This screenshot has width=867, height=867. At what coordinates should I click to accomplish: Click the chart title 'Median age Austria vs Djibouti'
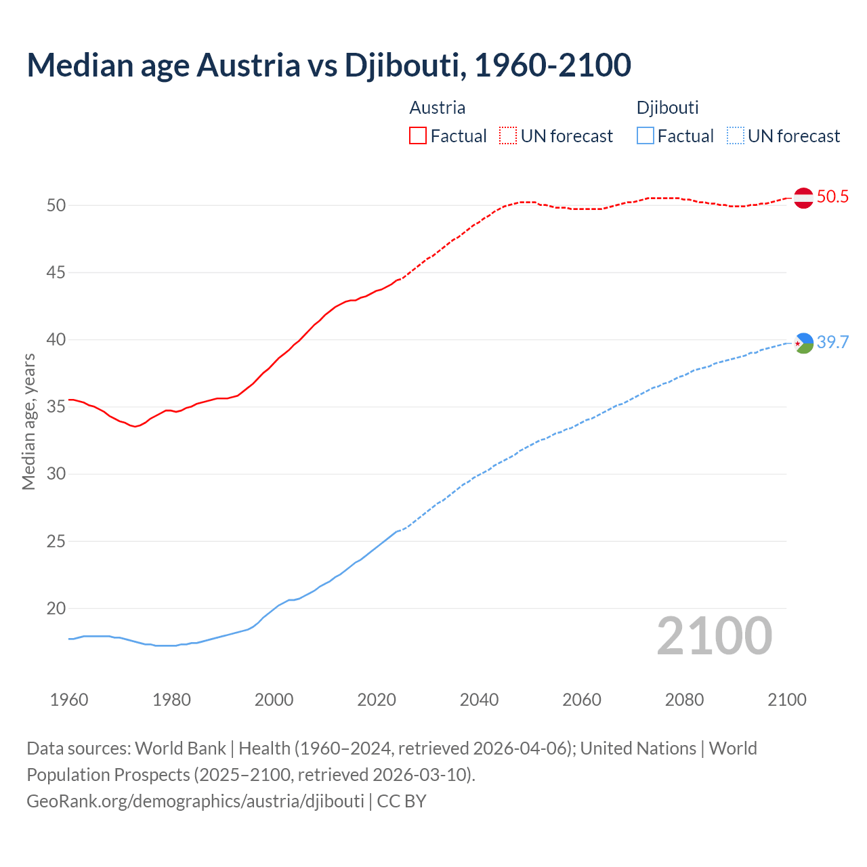tap(329, 65)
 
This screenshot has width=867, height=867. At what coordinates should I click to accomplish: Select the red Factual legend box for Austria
tap(418, 136)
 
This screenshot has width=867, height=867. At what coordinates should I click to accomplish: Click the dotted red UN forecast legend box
tap(508, 136)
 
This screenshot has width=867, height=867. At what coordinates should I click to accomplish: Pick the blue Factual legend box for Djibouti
tap(646, 136)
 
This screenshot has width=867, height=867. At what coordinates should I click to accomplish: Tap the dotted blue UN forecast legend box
tap(735, 136)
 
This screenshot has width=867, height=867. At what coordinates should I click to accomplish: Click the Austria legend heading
tap(437, 108)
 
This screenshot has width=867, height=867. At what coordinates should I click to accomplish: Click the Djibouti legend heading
tap(667, 108)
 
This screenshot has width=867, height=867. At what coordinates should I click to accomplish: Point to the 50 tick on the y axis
tap(56, 205)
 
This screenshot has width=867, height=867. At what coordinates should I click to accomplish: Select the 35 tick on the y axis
tap(56, 407)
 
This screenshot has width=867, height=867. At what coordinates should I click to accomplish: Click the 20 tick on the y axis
tap(56, 609)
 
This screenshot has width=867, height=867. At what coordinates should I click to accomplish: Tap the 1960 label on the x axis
tap(69, 700)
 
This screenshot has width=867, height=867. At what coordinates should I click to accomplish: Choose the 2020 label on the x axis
tap(377, 700)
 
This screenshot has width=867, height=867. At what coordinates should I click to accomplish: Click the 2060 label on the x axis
tap(582, 700)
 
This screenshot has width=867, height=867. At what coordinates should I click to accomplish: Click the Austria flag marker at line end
tap(803, 198)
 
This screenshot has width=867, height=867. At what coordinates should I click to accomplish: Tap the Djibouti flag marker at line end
tap(803, 343)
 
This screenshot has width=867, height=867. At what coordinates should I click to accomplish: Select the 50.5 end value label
tap(832, 197)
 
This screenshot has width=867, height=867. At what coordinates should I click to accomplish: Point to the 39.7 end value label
tap(832, 343)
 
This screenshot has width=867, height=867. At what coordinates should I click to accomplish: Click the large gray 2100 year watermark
tap(715, 636)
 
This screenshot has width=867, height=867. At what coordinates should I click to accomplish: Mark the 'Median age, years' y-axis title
tap(28, 421)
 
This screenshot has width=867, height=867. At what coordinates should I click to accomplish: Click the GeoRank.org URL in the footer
tap(195, 801)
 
